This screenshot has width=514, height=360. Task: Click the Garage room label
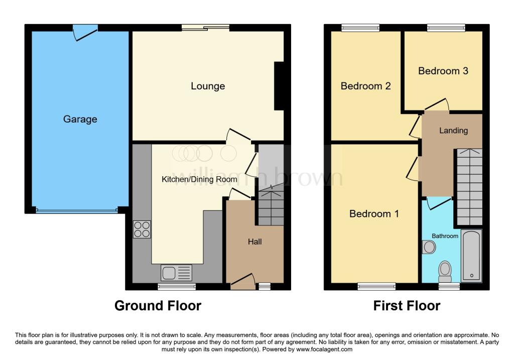pos(80,119)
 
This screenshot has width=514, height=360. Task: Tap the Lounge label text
pos(208,86)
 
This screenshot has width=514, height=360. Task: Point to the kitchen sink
pos(176,273)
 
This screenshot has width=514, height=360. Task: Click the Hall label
pos(254,242)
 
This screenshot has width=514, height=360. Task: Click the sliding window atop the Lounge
pos(205,28)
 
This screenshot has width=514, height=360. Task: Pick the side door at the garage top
pos(84,31)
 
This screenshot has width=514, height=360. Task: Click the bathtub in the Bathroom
pos(471,256)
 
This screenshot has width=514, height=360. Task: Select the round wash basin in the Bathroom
pos(428,247)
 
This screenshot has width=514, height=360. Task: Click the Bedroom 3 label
pos(443,71)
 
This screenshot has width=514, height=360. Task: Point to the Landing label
pos(453,131)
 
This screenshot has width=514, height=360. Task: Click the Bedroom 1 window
pos(376,286)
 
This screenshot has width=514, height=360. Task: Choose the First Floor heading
pos(407,305)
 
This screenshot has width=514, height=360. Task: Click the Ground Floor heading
pos(158,305)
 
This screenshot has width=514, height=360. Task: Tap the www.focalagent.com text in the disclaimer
pos(324,349)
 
